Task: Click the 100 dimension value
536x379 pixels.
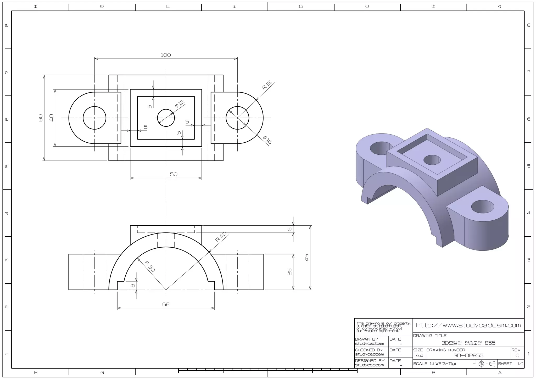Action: click(x=166, y=55)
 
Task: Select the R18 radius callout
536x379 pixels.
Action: click(x=267, y=85)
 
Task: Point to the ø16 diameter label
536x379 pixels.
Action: click(x=267, y=140)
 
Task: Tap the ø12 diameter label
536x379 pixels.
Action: click(x=180, y=103)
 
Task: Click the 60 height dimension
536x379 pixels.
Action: click(x=41, y=118)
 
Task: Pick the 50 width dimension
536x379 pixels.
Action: click(x=174, y=174)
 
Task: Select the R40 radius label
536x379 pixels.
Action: click(x=221, y=237)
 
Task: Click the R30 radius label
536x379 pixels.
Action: click(x=150, y=266)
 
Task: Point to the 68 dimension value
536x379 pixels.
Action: click(x=166, y=304)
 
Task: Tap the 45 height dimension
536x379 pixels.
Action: click(x=306, y=258)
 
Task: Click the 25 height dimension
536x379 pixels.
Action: click(x=289, y=272)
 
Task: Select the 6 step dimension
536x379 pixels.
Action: click(x=133, y=285)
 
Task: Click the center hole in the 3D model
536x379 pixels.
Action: click(x=432, y=160)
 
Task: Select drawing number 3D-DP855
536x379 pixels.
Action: click(x=468, y=355)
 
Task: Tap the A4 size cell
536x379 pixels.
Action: click(x=419, y=355)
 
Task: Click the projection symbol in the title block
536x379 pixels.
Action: click(x=487, y=364)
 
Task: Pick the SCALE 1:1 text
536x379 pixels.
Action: click(x=423, y=364)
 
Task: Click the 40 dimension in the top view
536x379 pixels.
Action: click(x=52, y=118)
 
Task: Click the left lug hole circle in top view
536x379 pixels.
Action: click(x=94, y=118)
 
